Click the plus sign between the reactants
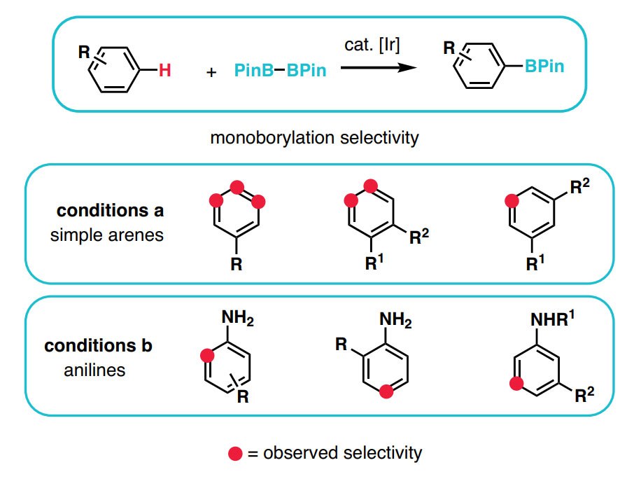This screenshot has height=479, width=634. [x=213, y=72]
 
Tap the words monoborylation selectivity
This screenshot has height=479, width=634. [x=314, y=137]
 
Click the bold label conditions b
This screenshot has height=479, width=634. [x=99, y=346]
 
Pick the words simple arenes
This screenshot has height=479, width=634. [x=106, y=234]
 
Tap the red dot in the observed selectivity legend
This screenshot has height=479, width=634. [x=235, y=453]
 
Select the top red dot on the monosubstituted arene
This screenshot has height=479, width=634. [x=237, y=188]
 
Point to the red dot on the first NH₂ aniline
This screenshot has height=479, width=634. [x=207, y=356]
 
